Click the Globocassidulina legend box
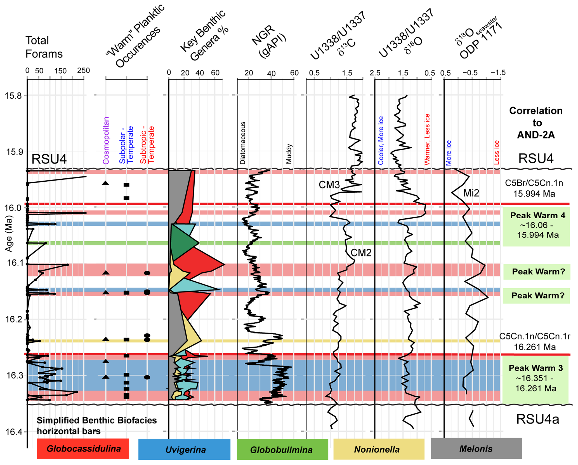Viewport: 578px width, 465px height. pos(83,449)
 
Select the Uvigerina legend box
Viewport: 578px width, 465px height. pos(184,449)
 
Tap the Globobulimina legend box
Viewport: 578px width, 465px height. pos(282,449)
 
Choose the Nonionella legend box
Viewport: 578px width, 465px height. pos(379,449)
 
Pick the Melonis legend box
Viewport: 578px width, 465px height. pos(476,449)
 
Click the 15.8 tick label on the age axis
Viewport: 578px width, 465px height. pos(13,96)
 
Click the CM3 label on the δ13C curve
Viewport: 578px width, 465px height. pos(329,185)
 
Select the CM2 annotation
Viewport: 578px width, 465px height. pos(361,253)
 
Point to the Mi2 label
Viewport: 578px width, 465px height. pos(471,193)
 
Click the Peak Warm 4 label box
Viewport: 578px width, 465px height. pos(536,225)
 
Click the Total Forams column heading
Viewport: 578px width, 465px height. pos(44,47)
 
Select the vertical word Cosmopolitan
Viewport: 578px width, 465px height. pos(106,141)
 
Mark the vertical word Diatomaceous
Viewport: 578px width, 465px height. pos(243,143)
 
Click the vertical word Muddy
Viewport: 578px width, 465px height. pos(289,154)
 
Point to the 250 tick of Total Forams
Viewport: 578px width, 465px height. pos(84,71)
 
